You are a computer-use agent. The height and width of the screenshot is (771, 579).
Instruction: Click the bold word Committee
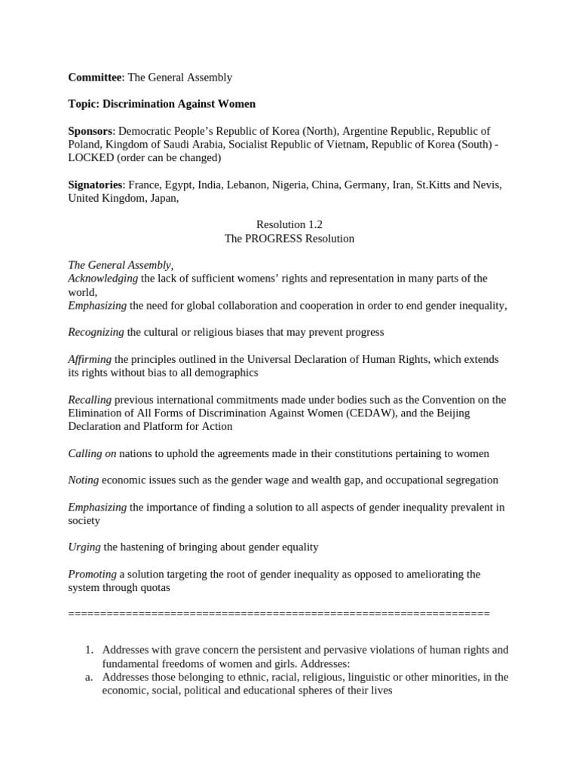[x=95, y=78]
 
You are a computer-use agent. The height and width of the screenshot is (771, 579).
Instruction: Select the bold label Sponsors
[x=90, y=131]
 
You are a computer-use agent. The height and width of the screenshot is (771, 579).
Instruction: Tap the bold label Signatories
[x=95, y=184]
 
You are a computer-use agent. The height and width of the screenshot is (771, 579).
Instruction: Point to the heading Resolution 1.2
[x=289, y=225]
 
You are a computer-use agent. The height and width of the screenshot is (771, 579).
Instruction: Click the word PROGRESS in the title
[x=276, y=239]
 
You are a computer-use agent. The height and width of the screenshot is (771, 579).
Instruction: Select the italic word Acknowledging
[x=103, y=279]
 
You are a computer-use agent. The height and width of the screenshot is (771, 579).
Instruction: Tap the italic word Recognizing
[x=96, y=332]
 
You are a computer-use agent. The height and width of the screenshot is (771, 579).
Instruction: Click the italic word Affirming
[x=90, y=359]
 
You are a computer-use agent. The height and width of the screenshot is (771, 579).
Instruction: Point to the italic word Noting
[x=83, y=480]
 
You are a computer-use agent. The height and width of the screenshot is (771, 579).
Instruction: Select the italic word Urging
[x=84, y=547]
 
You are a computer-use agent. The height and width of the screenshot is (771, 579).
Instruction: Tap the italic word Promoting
[x=92, y=574]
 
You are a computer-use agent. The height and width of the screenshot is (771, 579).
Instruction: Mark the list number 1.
[x=88, y=650]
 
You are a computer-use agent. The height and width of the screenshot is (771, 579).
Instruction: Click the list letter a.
[x=88, y=677]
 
